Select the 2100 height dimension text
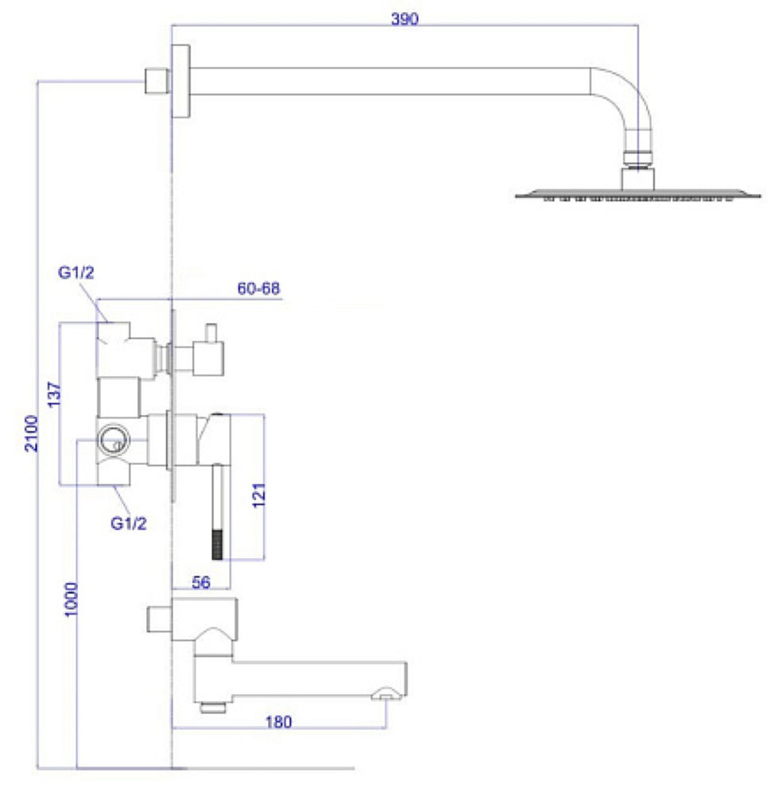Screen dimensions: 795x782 point(31,432)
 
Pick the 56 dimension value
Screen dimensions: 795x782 point(200,583)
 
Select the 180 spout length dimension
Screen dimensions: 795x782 point(279,722)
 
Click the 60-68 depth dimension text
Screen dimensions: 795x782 point(259,289)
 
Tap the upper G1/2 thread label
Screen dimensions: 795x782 point(76,273)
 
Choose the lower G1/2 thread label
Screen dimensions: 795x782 point(128,523)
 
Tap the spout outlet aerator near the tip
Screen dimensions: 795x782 point(385,696)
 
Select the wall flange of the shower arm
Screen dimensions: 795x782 point(182,80)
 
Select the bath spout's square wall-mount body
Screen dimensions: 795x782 point(204,621)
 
